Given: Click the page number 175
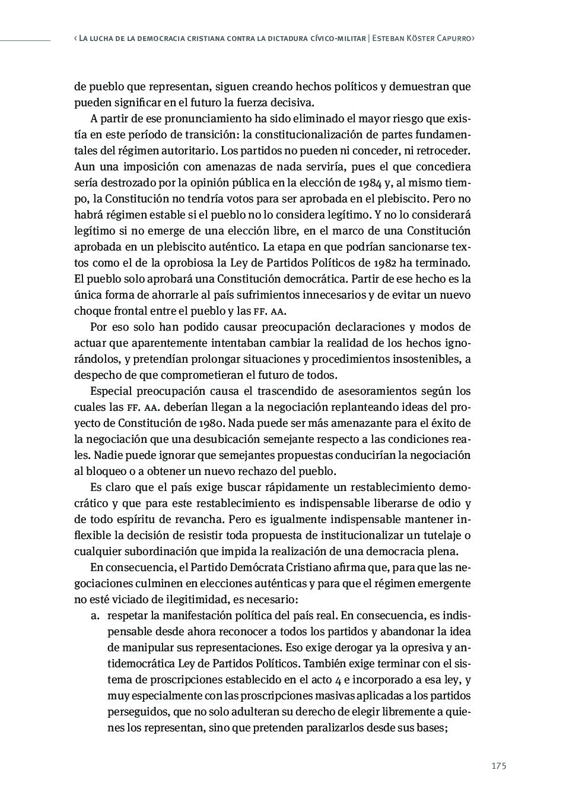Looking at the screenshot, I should point(498,766).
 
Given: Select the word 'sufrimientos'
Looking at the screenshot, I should point(271,294).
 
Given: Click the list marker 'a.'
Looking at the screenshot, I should point(96,616).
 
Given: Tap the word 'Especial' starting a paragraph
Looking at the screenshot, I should point(111,391).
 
